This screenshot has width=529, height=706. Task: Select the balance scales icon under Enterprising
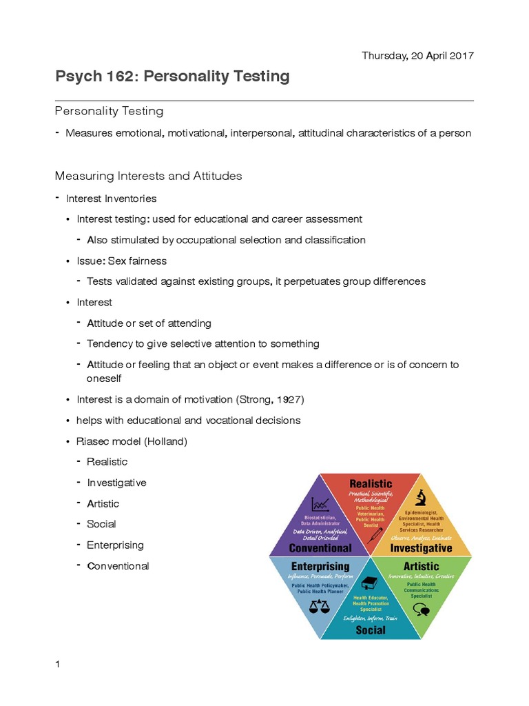[320, 606]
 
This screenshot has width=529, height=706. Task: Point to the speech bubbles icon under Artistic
[421, 609]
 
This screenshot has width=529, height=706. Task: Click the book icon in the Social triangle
[370, 582]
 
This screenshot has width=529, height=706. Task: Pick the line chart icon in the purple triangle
[320, 504]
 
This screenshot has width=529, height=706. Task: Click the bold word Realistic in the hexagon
[371, 484]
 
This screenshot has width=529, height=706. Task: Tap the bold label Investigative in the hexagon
[421, 548]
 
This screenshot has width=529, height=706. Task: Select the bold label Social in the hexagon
[371, 629]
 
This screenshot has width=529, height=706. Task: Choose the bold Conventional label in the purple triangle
[320, 548]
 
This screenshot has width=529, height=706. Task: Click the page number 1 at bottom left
[58, 664]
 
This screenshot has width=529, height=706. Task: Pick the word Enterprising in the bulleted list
[115, 545]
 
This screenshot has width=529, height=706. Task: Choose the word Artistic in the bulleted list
[103, 503]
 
